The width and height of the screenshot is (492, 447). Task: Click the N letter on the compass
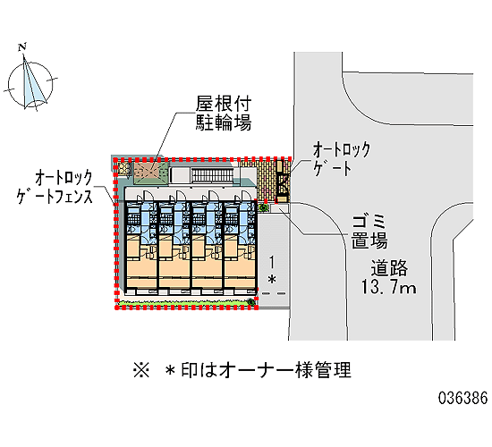22,47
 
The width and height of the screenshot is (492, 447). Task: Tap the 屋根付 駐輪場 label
224,114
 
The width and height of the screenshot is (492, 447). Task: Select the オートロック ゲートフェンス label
55,187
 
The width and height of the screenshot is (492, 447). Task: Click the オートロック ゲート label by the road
342,159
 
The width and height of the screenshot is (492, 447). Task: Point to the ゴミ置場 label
369,232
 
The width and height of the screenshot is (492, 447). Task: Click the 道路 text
389,268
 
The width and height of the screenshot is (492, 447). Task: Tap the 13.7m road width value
388,287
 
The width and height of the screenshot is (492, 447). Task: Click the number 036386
462,398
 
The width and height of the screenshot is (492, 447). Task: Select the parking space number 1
272,262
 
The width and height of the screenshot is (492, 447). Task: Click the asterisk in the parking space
272,279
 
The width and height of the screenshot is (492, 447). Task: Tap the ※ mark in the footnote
141,370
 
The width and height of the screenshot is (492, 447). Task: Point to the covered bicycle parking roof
151,172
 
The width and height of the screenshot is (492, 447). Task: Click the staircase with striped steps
212,175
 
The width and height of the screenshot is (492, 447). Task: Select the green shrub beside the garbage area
264,207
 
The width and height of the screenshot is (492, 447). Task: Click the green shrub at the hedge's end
250,302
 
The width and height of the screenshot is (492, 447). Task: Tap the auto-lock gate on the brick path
282,181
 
